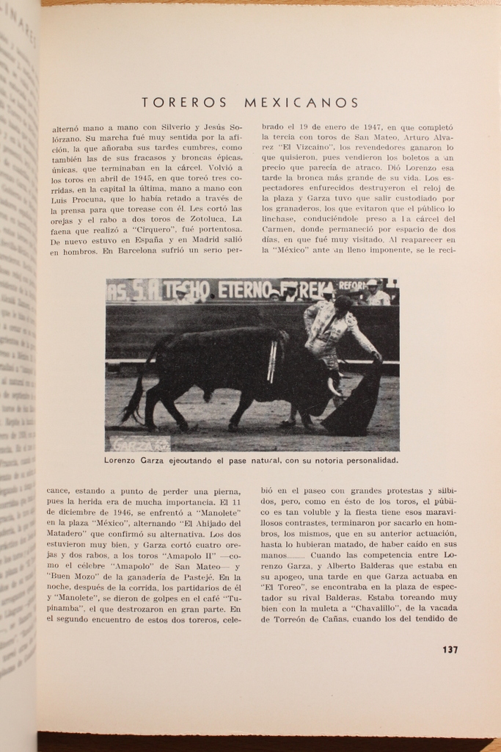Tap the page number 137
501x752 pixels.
pos(450,649)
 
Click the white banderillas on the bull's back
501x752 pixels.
pos(273,361)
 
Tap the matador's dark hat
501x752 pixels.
pos(343,300)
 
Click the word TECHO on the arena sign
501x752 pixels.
pos(188,290)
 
